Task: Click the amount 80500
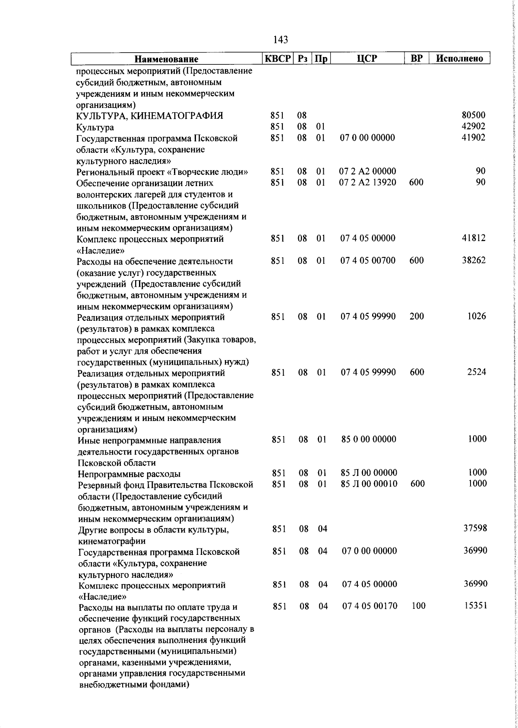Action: pos(474,115)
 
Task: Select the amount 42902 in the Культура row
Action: pos(474,127)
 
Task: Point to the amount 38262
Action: pos(474,260)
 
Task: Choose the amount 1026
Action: pos(477,316)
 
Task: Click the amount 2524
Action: pos(477,372)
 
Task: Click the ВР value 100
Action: pos(418,606)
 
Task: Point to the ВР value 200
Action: pos(417,316)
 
